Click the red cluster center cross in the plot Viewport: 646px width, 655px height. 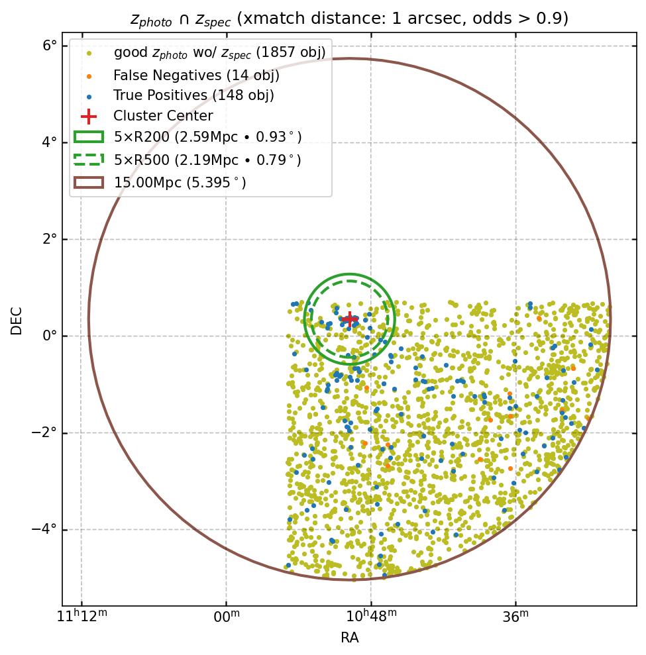(x=350, y=319)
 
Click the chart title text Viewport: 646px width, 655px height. (x=349, y=19)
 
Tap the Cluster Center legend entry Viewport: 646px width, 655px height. (x=163, y=116)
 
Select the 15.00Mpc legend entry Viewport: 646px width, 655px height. (x=180, y=181)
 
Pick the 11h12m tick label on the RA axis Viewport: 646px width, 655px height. (x=81, y=617)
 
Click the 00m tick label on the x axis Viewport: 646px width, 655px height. (x=227, y=617)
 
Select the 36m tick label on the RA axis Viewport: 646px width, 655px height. (x=515, y=617)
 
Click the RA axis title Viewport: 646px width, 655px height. (x=349, y=638)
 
